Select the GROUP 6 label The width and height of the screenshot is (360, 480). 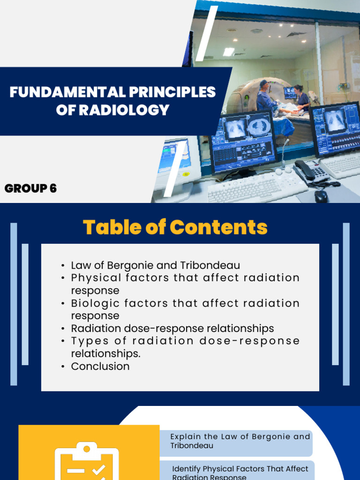(30, 188)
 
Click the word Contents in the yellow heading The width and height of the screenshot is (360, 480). (218, 227)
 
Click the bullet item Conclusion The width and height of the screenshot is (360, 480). (100, 366)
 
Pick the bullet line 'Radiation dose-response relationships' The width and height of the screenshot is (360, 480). (172, 328)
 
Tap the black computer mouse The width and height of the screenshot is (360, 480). (321, 196)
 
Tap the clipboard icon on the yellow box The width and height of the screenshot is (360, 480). (87, 462)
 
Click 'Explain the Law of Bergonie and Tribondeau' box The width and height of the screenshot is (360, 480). (236, 441)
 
